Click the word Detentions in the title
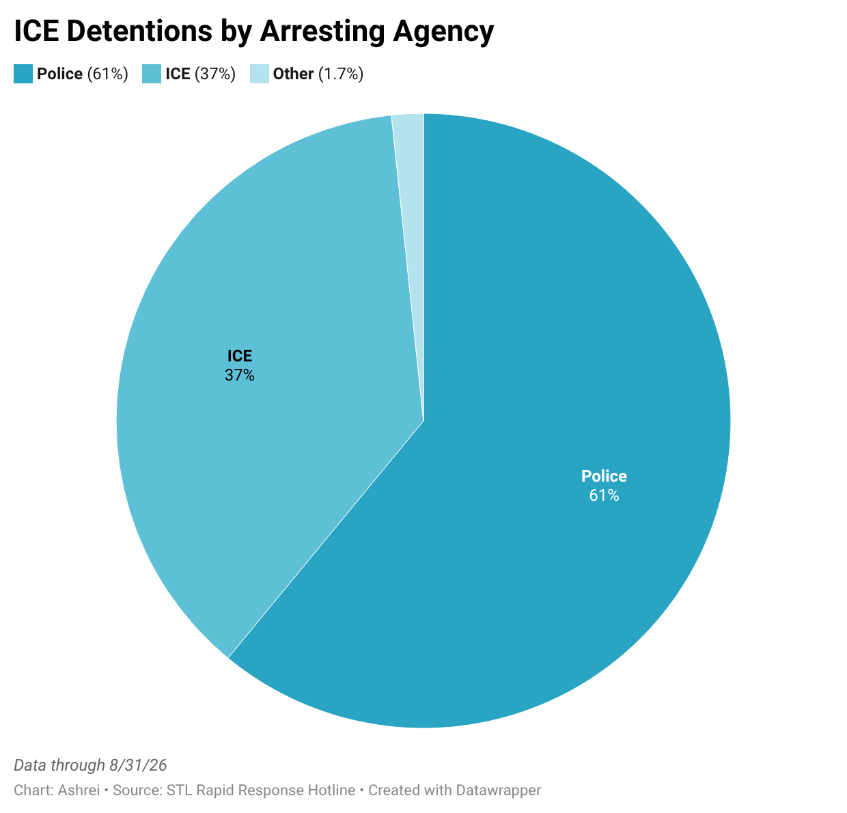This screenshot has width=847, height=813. click(140, 31)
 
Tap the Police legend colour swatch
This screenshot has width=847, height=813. click(23, 74)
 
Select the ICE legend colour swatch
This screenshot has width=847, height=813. click(152, 74)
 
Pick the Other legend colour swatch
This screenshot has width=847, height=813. click(260, 74)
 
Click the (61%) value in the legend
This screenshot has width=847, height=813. click(107, 74)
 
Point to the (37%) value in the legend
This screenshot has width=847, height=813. click(215, 74)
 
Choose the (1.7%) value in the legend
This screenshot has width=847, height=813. click(341, 74)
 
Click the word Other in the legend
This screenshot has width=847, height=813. click(293, 74)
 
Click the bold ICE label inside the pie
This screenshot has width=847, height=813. click(240, 356)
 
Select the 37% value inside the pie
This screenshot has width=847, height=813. click(240, 375)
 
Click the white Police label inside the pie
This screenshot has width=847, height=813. click(604, 476)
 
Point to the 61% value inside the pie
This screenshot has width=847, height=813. click(604, 495)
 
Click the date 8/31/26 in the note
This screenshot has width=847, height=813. click(138, 765)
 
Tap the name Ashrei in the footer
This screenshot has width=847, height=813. click(79, 790)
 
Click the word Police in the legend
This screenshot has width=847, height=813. click(59, 74)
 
